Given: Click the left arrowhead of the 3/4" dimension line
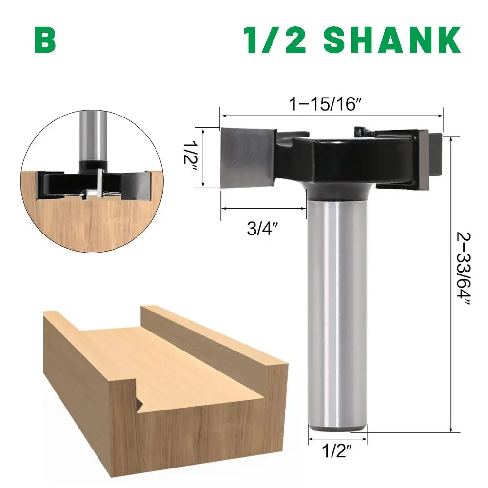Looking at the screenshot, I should pyautogui.click(x=223, y=208).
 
